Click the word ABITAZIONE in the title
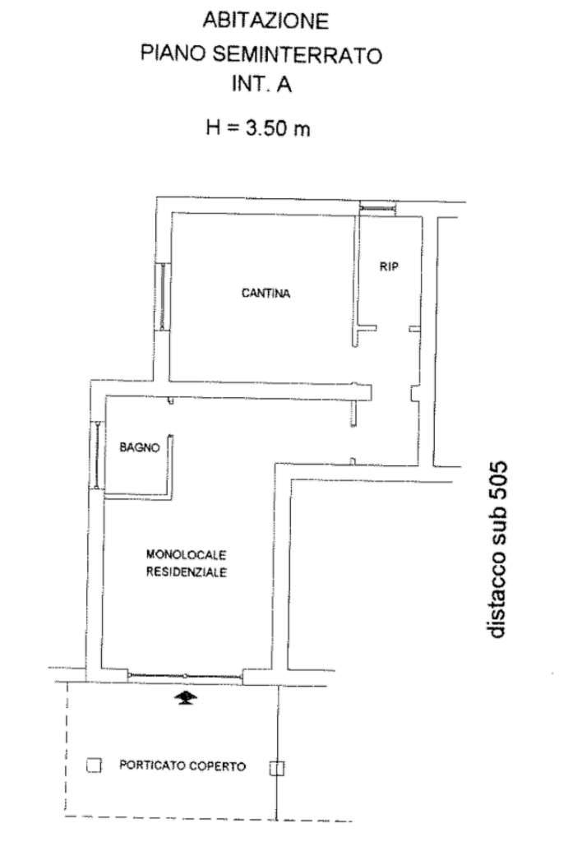pyautogui.click(x=266, y=21)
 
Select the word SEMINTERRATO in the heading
pyautogui.click(x=298, y=55)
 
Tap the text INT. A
pyautogui.click(x=261, y=85)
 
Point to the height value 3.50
pyautogui.click(x=266, y=127)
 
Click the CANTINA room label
pyautogui.click(x=266, y=294)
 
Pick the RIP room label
pyautogui.click(x=389, y=266)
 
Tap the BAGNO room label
pyautogui.click(x=140, y=446)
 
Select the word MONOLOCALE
pyautogui.click(x=186, y=554)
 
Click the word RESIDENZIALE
pyautogui.click(x=187, y=572)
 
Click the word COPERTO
pyautogui.click(x=219, y=766)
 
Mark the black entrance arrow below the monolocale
pyautogui.click(x=185, y=698)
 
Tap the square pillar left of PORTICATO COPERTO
pyautogui.click(x=94, y=766)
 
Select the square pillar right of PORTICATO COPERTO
pyautogui.click(x=276, y=769)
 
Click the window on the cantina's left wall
pyautogui.click(x=162, y=296)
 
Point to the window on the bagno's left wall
pyautogui.click(x=97, y=455)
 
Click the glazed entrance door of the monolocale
pyautogui.click(x=185, y=676)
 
